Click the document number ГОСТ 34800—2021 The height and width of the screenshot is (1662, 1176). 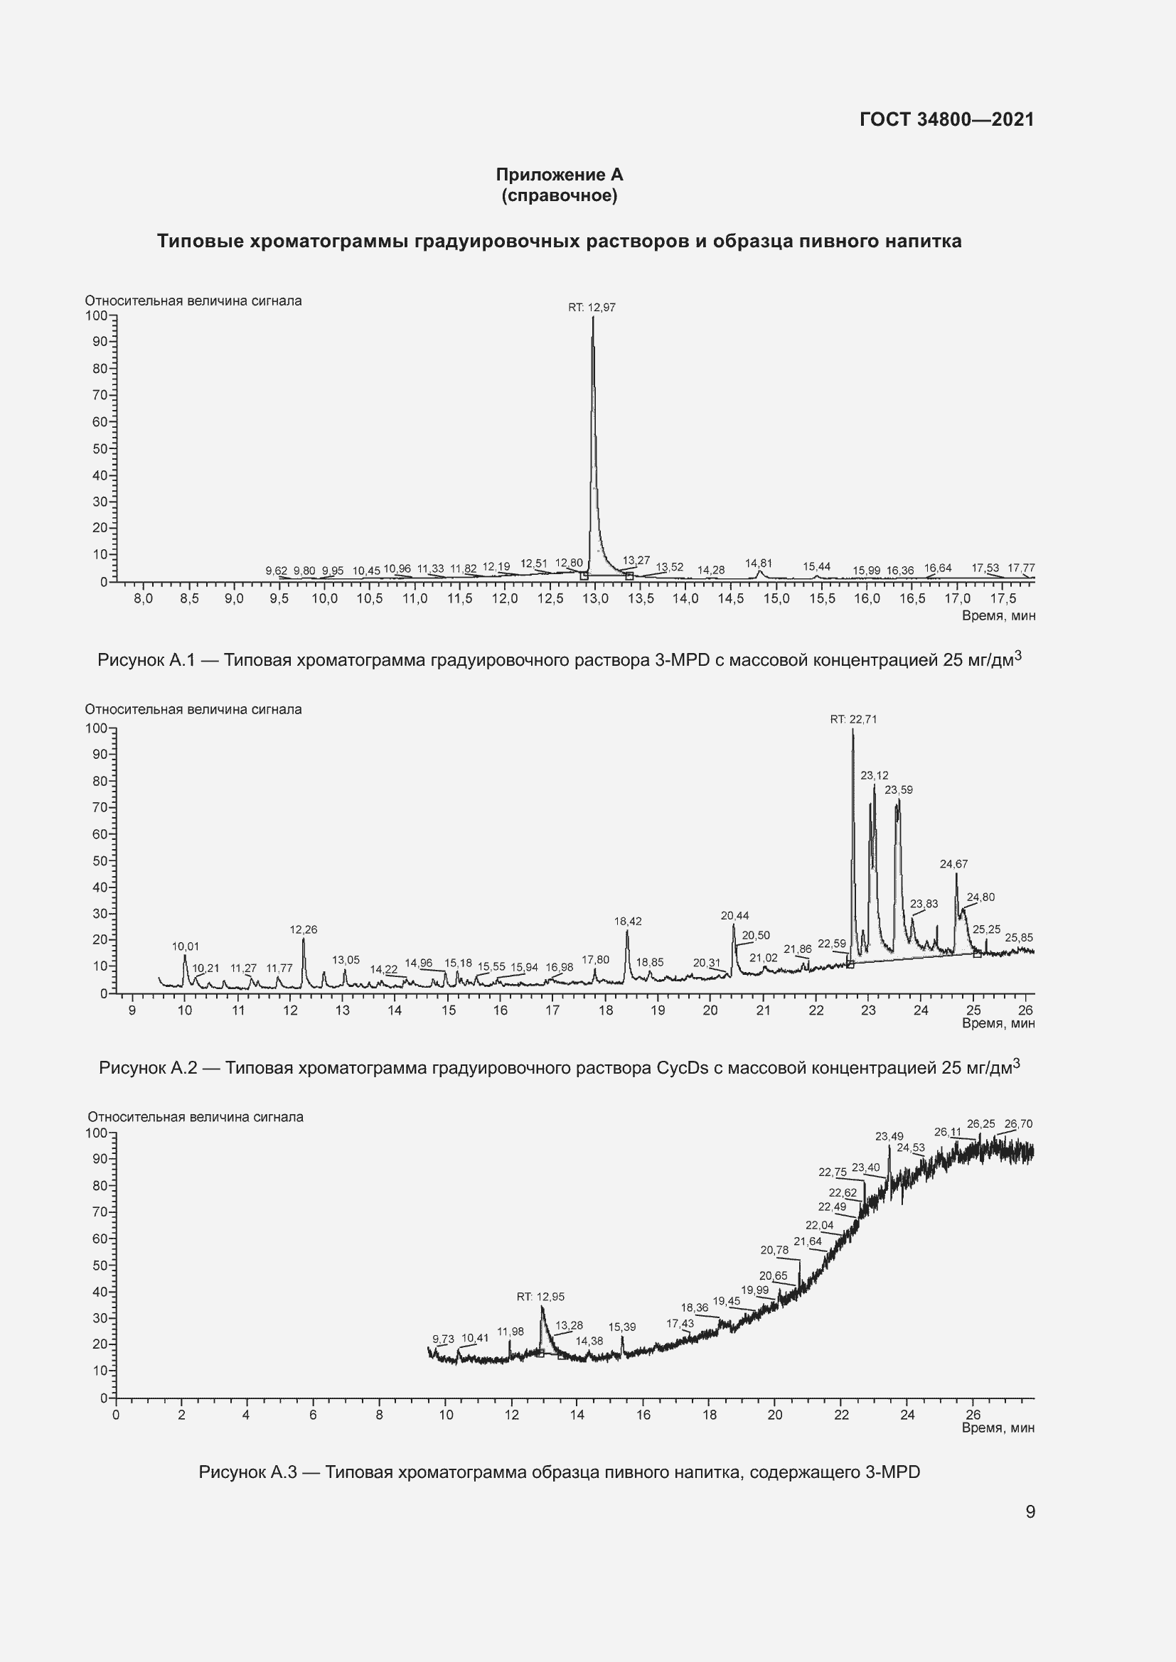[x=946, y=119]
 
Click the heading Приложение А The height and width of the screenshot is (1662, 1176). [x=559, y=175]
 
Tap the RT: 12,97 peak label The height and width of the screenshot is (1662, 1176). [x=592, y=308]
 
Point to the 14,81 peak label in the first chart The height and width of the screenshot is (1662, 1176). [x=758, y=563]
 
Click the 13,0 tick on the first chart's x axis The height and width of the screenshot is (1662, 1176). [x=595, y=598]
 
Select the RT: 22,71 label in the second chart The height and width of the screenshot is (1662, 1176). [x=853, y=720]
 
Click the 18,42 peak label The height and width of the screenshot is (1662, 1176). [x=627, y=922]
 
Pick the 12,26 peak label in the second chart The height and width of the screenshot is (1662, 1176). [x=304, y=929]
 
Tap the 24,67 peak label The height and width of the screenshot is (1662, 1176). [x=953, y=864]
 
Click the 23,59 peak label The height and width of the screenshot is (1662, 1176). [x=899, y=789]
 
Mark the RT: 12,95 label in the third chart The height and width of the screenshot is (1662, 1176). [x=540, y=1297]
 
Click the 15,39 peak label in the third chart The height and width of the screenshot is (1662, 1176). [x=621, y=1327]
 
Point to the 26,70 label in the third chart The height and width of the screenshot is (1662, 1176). [x=1018, y=1124]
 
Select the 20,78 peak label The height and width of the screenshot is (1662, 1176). [x=774, y=1250]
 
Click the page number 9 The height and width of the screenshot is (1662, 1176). [x=1030, y=1512]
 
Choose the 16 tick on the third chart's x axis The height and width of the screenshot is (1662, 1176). [x=643, y=1415]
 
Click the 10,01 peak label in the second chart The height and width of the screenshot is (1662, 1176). [x=186, y=946]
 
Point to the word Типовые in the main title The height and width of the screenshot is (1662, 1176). [x=200, y=242]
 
